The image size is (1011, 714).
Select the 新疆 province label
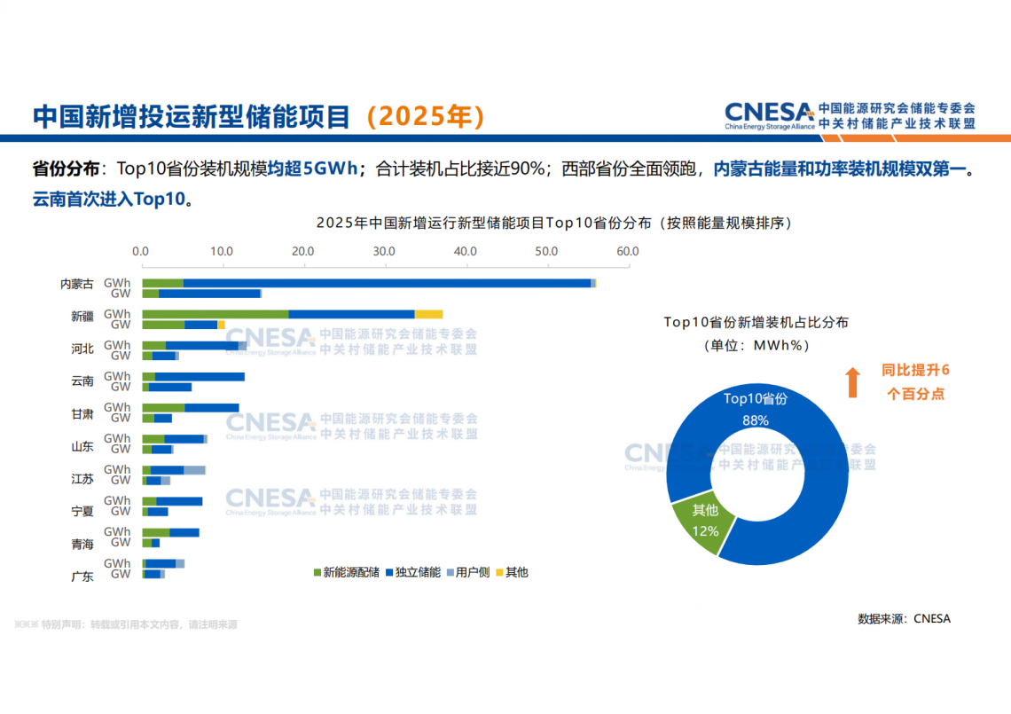pyautogui.click(x=82, y=318)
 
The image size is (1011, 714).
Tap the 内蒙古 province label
pyautogui.click(x=77, y=285)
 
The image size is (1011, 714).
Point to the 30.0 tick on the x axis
pyautogui.click(x=384, y=252)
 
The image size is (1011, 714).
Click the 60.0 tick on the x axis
pyautogui.click(x=628, y=252)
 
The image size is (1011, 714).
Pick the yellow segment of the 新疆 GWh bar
pyautogui.click(x=428, y=314)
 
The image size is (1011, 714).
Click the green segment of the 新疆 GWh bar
pyautogui.click(x=216, y=314)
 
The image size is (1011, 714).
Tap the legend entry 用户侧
pyautogui.click(x=473, y=573)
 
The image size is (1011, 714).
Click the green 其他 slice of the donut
pyautogui.click(x=701, y=523)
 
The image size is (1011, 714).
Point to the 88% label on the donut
pyautogui.click(x=756, y=420)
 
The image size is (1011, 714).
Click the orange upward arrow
pyautogui.click(x=852, y=381)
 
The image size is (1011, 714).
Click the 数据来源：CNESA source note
pyautogui.click(x=904, y=619)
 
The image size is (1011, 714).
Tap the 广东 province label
pyautogui.click(x=82, y=577)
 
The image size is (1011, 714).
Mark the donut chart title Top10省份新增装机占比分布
pyautogui.click(x=756, y=323)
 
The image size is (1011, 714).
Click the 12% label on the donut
pyautogui.click(x=705, y=531)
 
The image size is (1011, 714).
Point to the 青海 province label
pyautogui.click(x=82, y=544)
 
